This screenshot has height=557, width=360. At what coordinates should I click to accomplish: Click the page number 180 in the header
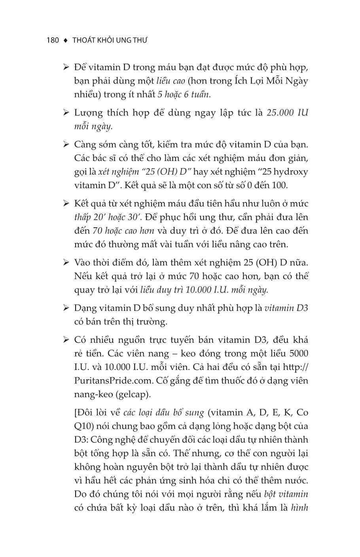pyautogui.click(x=53, y=40)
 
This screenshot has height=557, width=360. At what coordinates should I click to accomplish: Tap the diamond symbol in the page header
pyautogui.click(x=66, y=40)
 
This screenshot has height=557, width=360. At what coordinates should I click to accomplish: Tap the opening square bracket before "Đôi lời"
pyautogui.click(x=76, y=413)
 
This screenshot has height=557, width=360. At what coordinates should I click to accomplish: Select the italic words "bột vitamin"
pyautogui.click(x=286, y=494)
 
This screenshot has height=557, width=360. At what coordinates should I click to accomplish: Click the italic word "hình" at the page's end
pyautogui.click(x=299, y=508)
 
